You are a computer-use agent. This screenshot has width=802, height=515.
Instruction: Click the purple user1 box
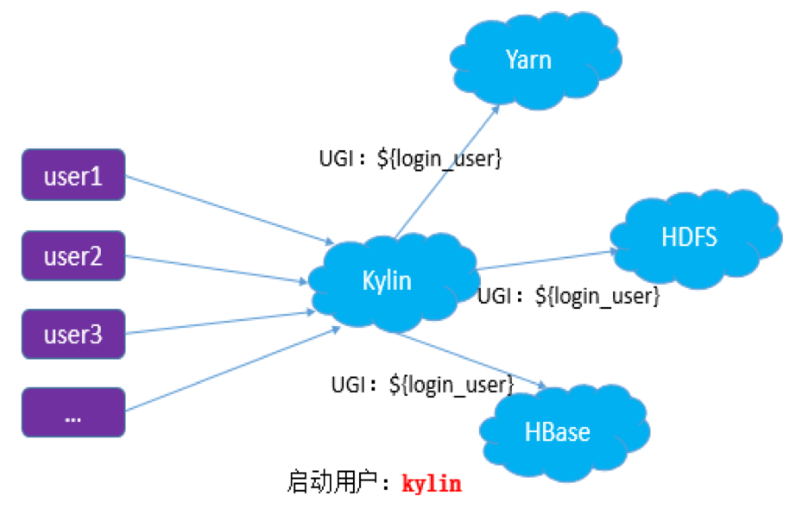coord(73,176)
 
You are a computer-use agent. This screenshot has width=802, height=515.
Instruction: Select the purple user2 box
coord(73,256)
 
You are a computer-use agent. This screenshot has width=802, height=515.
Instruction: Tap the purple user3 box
coord(73,334)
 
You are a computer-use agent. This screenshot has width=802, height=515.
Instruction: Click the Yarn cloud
coord(528,60)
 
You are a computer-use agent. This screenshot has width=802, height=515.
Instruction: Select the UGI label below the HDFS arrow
coord(569,297)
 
